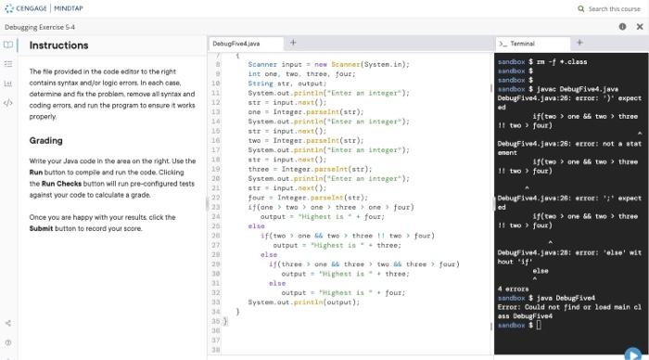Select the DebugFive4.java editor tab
pyautogui.click(x=236, y=44)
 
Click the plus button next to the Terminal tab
pyautogui.click(x=579, y=43)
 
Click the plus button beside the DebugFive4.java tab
pyautogui.click(x=293, y=43)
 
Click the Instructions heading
pyautogui.click(x=59, y=45)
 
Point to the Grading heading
pyautogui.click(x=46, y=141)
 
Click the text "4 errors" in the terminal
pyautogui.click(x=513, y=288)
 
